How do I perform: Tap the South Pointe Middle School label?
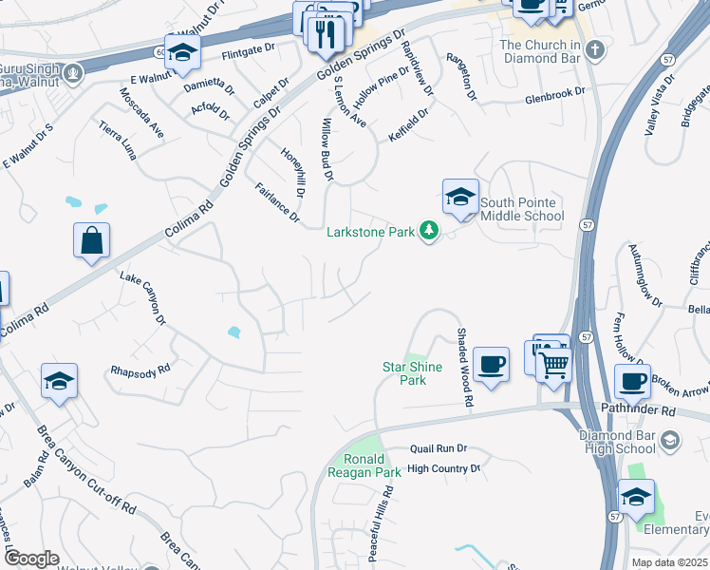coord(521,209)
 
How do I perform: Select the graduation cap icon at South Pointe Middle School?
coord(460,197)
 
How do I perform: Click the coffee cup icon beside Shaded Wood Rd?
coord(491,364)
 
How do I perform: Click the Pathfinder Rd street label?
coord(638,411)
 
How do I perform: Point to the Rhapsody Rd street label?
coord(140,370)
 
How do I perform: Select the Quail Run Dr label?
coord(439,448)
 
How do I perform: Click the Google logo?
coord(30,559)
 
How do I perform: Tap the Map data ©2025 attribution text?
coord(668,562)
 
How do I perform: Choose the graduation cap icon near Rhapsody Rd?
coord(59,381)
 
